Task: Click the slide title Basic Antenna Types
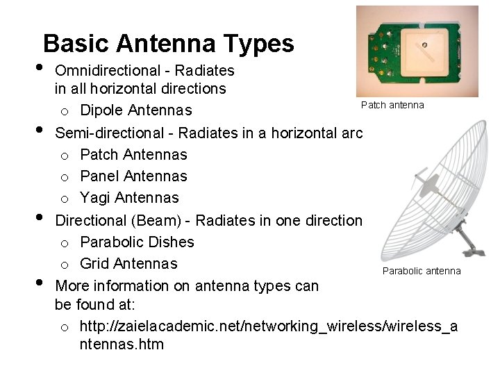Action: tap(168, 44)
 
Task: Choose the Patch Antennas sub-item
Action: tap(133, 154)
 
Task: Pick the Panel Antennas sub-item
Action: tap(133, 176)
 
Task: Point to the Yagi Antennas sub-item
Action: tap(129, 198)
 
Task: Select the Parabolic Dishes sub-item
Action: tap(137, 242)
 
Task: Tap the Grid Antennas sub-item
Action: tap(128, 264)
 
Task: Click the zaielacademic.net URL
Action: tap(268, 326)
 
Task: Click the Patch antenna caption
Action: tap(392, 105)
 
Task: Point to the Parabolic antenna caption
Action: tap(422, 271)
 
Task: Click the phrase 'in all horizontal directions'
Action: tap(140, 89)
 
